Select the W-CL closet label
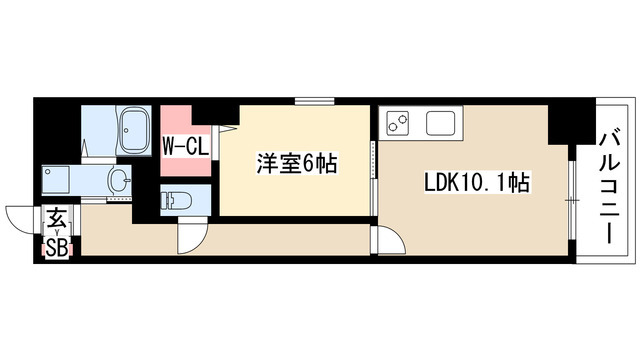tap(184, 146)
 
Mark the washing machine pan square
tap(58, 181)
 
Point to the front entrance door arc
tap(21, 219)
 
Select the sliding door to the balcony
tap(571, 199)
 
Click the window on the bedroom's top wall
tap(323, 100)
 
